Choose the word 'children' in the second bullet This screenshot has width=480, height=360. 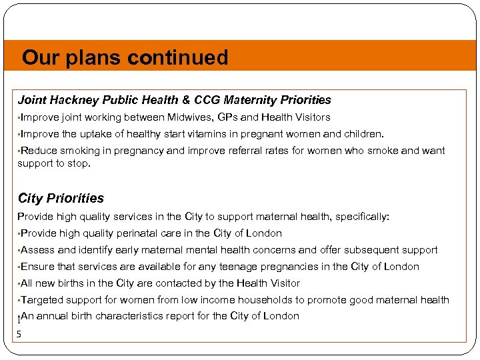tap(363, 134)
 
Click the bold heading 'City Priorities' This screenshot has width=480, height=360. tap(61, 198)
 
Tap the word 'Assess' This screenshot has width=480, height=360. tap(38, 250)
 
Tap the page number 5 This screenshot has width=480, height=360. tap(19, 333)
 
